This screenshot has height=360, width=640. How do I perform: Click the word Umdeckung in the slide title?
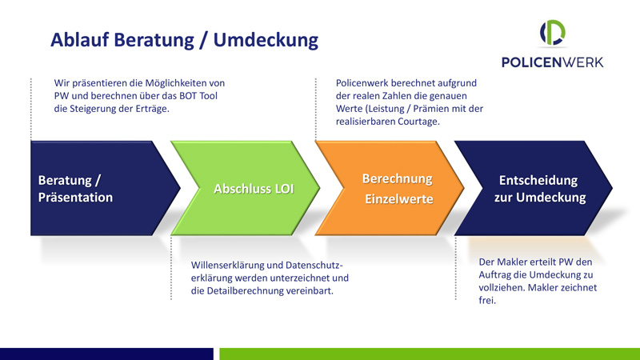[x=266, y=41]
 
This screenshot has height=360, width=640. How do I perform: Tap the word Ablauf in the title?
[x=79, y=39]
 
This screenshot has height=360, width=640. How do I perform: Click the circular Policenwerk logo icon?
[x=553, y=32]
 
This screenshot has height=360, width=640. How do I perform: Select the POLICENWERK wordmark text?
[x=552, y=62]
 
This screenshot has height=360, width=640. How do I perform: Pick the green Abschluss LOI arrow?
[x=245, y=188]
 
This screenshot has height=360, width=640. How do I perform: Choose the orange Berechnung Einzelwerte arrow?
[x=390, y=188]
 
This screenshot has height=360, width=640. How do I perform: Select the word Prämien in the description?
[x=429, y=109]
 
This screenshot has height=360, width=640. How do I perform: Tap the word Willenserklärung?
[x=227, y=266]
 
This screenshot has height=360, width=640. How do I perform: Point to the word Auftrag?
[x=494, y=275]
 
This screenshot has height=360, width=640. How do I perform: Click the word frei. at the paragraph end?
[x=487, y=301]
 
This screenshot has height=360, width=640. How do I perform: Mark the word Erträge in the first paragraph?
[x=152, y=109]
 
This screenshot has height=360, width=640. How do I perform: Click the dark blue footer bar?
[x=106, y=354]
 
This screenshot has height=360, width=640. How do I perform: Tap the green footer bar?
[x=430, y=354]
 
